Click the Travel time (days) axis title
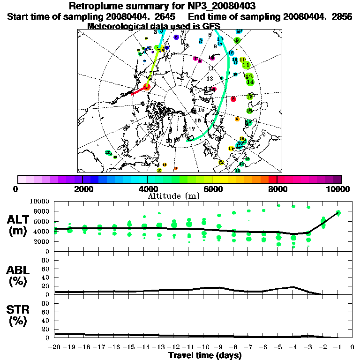click(205, 355)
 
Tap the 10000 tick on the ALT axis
click(40, 201)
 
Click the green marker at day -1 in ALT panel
click(338, 213)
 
